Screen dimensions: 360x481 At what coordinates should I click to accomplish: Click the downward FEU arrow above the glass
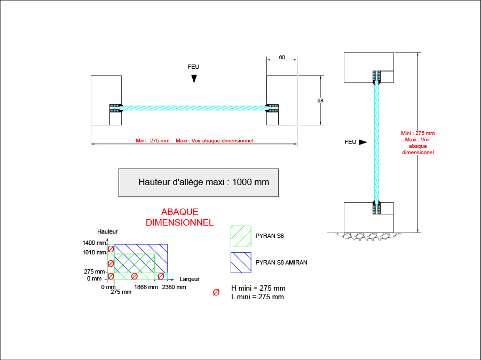pyautogui.click(x=194, y=78)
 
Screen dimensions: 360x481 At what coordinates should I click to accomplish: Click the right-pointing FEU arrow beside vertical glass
pyautogui.click(x=362, y=142)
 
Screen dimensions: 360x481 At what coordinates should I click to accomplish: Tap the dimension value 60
pyautogui.click(x=281, y=57)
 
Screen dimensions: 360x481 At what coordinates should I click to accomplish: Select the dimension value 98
pyautogui.click(x=320, y=100)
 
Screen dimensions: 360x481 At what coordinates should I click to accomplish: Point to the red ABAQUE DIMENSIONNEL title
pyautogui.click(x=179, y=217)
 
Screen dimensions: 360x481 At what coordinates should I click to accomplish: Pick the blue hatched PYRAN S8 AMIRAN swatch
pyautogui.click(x=241, y=262)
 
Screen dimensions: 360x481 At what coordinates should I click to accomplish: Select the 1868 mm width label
pyautogui.click(x=146, y=287)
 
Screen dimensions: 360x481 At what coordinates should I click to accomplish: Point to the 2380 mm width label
pyautogui.click(x=174, y=287)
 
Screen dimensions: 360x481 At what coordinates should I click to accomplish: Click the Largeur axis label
pyautogui.click(x=190, y=279)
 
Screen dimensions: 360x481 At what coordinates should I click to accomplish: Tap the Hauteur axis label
pyautogui.click(x=107, y=231)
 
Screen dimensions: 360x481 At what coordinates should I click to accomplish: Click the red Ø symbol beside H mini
pyautogui.click(x=216, y=292)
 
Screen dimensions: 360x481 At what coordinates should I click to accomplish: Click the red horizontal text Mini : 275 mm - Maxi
pyautogui.click(x=194, y=141)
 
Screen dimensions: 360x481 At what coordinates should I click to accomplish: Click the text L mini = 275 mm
pyautogui.click(x=257, y=297)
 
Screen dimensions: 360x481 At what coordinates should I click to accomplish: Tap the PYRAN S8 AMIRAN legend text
pyautogui.click(x=281, y=262)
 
